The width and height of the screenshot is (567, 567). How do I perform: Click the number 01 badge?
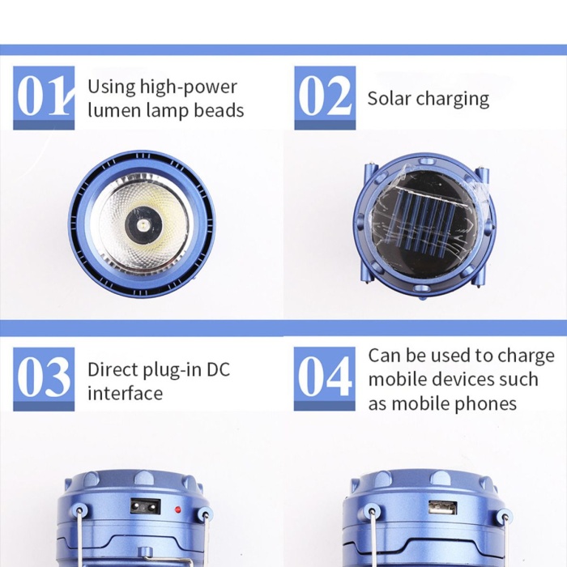pyautogui.click(x=44, y=98)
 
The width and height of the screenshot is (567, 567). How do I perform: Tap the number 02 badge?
pyautogui.click(x=325, y=98)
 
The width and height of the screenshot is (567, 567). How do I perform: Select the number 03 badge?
pyautogui.click(x=44, y=379)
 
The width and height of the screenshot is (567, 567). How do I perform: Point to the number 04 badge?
pyautogui.click(x=324, y=379)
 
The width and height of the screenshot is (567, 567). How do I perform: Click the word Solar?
pyautogui.click(x=389, y=98)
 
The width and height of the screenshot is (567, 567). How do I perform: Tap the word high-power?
pyautogui.click(x=189, y=87)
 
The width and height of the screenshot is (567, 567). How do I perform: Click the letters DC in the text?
pyautogui.click(x=218, y=369)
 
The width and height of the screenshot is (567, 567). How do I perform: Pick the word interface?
pyautogui.click(x=125, y=393)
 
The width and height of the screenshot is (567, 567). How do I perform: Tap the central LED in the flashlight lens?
pyautogui.click(x=143, y=226)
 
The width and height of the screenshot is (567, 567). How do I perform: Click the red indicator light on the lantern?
pyautogui.click(x=177, y=510)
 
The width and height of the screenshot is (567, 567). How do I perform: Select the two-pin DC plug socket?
pyautogui.click(x=145, y=507)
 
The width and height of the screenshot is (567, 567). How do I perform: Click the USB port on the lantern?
pyautogui.click(x=442, y=508)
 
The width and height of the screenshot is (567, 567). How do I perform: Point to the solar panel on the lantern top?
pyautogui.click(x=425, y=225)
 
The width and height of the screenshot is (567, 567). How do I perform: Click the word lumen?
pyautogui.click(x=115, y=110)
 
